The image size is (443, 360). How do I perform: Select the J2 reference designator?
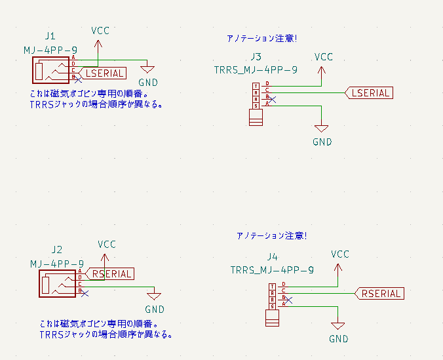point(56,249)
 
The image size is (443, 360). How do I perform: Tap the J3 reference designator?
point(256,57)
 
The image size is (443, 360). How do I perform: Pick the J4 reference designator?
point(273,256)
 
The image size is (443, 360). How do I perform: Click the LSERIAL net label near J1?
point(106,73)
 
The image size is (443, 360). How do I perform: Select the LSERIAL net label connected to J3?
point(370,92)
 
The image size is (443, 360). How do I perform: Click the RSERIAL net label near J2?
point(112,274)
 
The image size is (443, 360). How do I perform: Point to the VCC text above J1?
point(100,31)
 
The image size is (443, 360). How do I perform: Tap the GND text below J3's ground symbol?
point(322,142)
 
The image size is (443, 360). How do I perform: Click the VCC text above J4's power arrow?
point(340,254)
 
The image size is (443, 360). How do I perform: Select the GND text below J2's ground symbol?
point(155,310)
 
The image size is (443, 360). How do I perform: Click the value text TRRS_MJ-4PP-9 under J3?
point(256,70)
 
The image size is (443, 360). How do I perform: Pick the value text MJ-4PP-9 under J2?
point(56,263)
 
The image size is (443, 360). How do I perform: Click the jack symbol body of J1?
point(50,70)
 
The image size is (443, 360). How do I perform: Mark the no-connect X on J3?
point(272,99)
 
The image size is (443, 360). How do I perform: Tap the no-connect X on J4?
point(288,299)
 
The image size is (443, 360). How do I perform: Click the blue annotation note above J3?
point(261,38)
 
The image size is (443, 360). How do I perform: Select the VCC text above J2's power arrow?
point(107,244)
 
